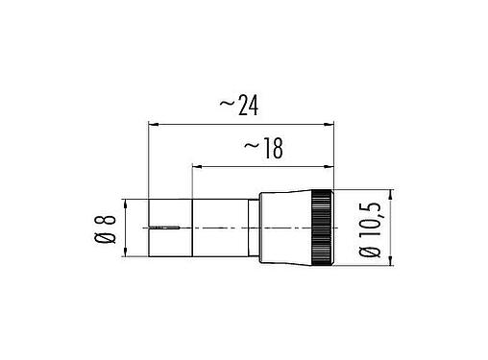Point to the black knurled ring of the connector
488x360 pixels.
click(321, 228)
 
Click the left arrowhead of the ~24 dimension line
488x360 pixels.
click(154, 124)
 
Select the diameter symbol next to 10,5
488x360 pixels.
click(371, 253)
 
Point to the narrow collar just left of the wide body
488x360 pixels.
click(254, 228)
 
